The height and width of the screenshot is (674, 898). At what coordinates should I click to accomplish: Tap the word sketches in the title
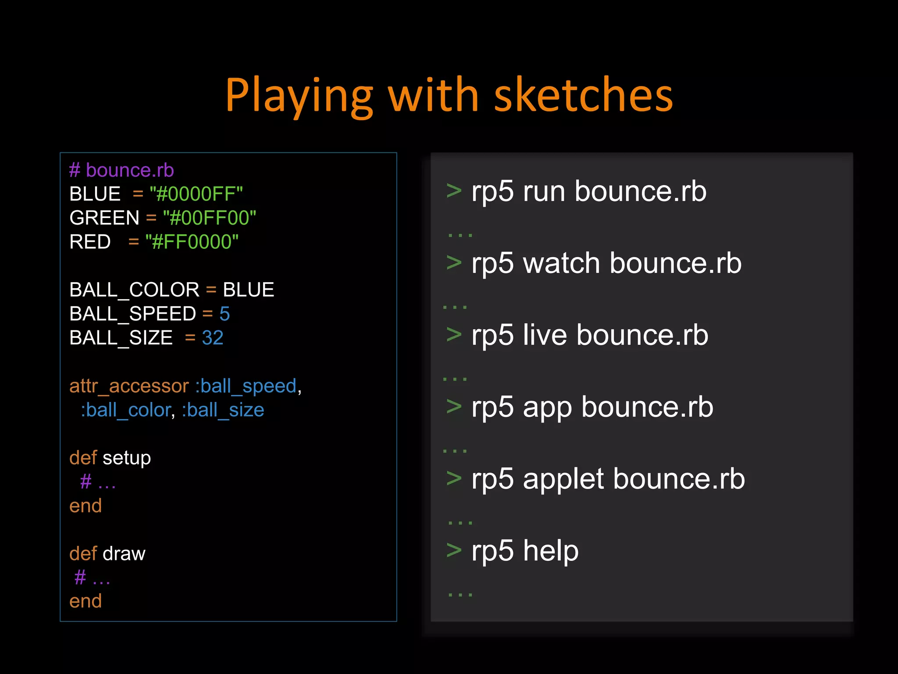pos(584,96)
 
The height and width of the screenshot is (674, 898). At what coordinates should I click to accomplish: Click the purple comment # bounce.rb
pos(121,170)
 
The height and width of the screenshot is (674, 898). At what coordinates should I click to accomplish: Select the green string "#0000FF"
pos(196,194)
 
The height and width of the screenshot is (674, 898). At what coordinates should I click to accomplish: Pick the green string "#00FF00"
pos(209,218)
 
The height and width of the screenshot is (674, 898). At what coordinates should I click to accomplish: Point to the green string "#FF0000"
pos(192,242)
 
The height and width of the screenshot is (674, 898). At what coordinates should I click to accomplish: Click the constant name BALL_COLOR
pos(134,290)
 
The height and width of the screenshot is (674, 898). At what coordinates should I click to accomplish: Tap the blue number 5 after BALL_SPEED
pos(224,314)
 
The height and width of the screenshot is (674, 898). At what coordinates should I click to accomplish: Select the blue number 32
pos(213,338)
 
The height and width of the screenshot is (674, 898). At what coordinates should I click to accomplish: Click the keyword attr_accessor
pos(129,386)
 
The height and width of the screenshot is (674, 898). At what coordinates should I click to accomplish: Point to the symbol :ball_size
pos(223,410)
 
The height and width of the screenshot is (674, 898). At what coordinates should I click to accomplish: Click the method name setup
pos(127,458)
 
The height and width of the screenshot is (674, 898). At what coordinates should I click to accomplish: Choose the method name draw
pos(124,554)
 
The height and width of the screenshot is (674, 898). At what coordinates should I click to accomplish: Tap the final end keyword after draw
pos(86,602)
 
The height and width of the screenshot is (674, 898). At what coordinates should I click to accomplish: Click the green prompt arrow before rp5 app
pos(454,406)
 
